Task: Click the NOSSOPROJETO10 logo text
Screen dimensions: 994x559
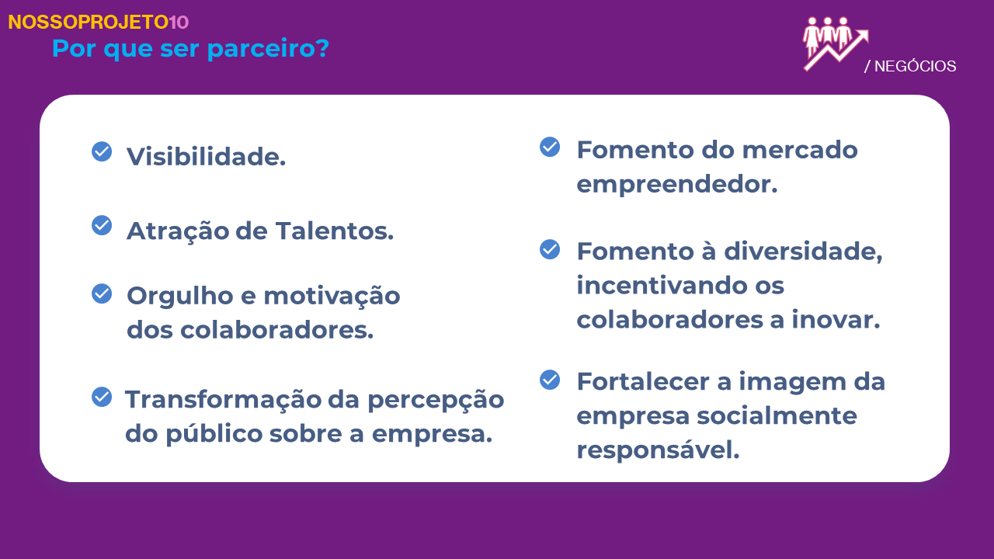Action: click(x=99, y=23)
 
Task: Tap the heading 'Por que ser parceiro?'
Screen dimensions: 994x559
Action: click(x=191, y=48)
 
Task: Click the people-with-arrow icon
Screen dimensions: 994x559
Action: click(x=836, y=44)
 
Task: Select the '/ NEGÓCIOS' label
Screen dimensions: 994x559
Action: click(x=910, y=66)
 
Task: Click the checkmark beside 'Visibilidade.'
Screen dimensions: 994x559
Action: click(x=102, y=151)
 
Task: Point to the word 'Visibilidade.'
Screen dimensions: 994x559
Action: click(x=207, y=157)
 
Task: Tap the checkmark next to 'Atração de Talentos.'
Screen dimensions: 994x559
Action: click(x=102, y=225)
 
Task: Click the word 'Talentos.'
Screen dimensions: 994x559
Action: click(x=335, y=231)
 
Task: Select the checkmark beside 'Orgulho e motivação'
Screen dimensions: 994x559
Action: click(x=102, y=293)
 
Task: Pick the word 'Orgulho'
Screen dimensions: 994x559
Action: click(x=180, y=297)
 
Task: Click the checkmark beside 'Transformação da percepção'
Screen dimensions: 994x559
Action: click(x=102, y=397)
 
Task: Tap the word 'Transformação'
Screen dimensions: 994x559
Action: click(x=223, y=400)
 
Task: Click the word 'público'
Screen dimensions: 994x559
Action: click(x=214, y=434)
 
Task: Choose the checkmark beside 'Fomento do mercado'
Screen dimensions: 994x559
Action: click(x=550, y=147)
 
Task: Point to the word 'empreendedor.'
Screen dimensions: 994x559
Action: click(x=677, y=185)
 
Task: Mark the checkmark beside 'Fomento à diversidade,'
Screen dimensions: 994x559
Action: click(x=550, y=249)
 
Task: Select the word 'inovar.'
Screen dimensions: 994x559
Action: click(x=836, y=319)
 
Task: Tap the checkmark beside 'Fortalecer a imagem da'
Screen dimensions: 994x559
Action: click(x=550, y=380)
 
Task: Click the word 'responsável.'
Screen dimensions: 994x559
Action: click(x=658, y=450)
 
